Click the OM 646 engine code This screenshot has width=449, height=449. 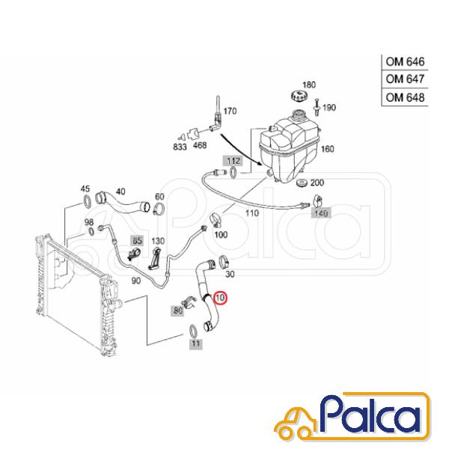[405, 61]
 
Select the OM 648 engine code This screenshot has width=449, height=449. [405, 97]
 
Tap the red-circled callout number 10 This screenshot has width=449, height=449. [220, 298]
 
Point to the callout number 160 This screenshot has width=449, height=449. [327, 149]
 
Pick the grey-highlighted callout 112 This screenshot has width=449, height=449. [234, 161]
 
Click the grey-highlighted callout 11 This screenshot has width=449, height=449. [195, 343]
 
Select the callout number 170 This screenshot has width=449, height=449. [230, 111]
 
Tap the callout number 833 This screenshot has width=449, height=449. [180, 147]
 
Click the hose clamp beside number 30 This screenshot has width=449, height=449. [224, 261]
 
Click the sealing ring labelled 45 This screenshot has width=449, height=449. [87, 201]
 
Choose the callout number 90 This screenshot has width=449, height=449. [135, 281]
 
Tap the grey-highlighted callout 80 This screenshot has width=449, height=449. [178, 311]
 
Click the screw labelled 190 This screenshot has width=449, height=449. [317, 107]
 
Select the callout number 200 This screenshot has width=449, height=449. [317, 183]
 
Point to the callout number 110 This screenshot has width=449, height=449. [252, 213]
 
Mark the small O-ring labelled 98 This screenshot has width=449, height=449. [91, 231]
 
